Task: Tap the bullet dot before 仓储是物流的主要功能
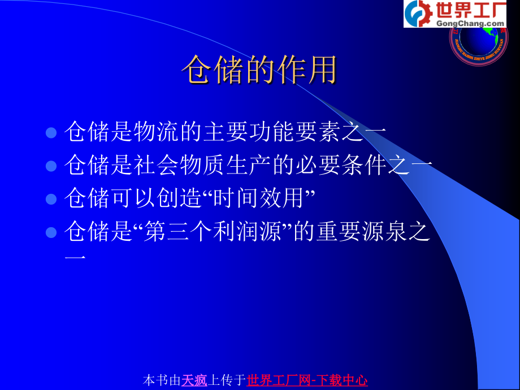click(51, 133)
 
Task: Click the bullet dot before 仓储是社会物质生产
click(51, 166)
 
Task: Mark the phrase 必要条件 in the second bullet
click(363, 166)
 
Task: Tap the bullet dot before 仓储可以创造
click(51, 199)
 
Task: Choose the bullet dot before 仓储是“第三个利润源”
click(51, 232)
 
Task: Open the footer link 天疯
click(194, 380)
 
